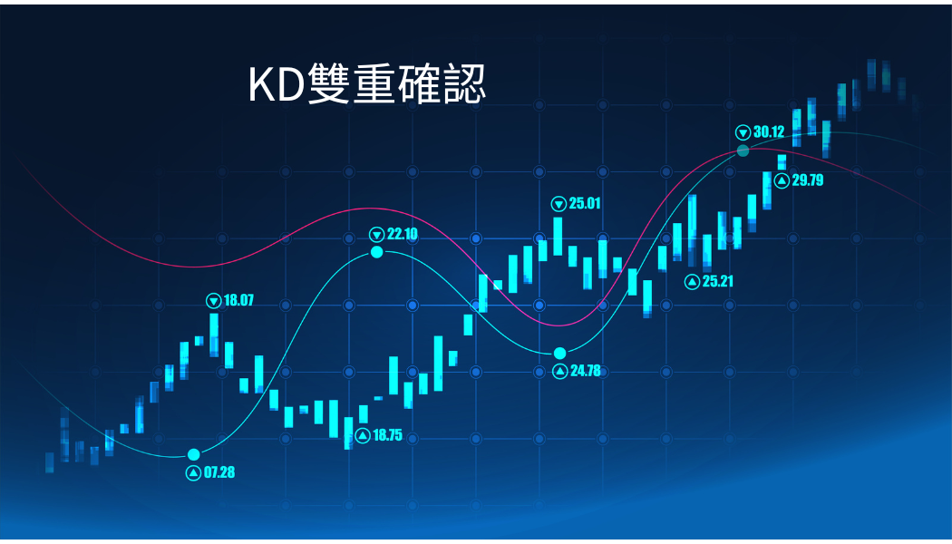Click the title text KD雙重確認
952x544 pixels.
point(366,83)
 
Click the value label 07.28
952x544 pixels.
point(219,472)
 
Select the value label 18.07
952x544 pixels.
point(238,300)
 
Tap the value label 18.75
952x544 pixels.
point(387,434)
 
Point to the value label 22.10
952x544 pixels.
point(403,234)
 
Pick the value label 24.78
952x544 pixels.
point(586,370)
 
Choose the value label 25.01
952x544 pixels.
point(585,203)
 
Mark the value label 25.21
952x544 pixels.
point(718,281)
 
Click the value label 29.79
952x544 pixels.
point(808,180)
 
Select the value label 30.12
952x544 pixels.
point(769,131)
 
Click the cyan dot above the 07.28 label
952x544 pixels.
point(194,455)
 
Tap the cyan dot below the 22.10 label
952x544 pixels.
point(377,252)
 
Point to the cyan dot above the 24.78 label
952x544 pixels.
point(559,354)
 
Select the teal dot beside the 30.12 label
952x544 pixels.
point(743,151)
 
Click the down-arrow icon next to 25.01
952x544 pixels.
point(559,203)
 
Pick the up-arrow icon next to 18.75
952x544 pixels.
point(363,435)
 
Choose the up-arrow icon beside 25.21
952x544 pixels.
point(692,282)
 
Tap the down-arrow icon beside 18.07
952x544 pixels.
point(214,300)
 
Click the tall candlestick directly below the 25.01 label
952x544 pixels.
point(558,236)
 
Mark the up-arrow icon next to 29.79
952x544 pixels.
point(782,180)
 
